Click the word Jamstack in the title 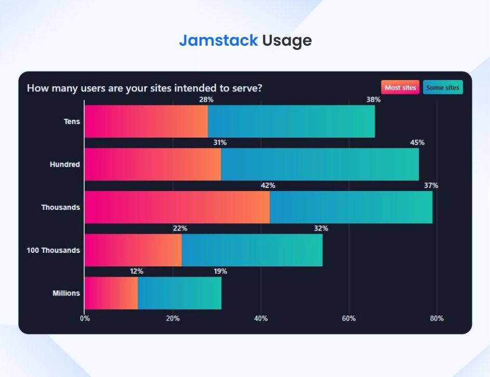(218, 41)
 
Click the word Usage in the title (287, 41)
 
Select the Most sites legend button (400, 88)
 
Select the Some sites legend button (443, 88)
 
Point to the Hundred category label (64, 165)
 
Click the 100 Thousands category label (53, 250)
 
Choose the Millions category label (66, 293)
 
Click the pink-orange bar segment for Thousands (177, 207)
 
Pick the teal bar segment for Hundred (320, 165)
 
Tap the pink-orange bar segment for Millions (111, 293)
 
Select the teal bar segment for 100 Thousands (252, 250)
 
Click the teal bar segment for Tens (291, 122)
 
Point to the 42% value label (268, 185)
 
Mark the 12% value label (136, 271)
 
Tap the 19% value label (220, 271)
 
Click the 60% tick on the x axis (349, 318)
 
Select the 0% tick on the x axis (85, 318)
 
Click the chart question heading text (144, 88)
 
